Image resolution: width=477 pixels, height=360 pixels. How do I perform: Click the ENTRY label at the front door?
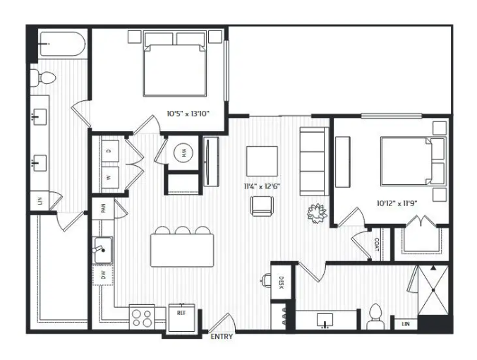pyautogui.click(x=222, y=337)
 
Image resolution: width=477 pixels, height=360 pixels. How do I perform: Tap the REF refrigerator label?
pyautogui.click(x=181, y=313)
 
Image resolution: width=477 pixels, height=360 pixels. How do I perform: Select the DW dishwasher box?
pyautogui.click(x=103, y=275)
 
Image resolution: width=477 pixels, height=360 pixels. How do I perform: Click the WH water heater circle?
pyautogui.click(x=183, y=152)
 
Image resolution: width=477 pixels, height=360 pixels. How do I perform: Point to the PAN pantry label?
pyautogui.click(x=104, y=208)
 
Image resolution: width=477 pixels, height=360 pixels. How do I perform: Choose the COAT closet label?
pyautogui.click(x=376, y=244)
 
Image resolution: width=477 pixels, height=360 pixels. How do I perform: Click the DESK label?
pyautogui.click(x=282, y=282)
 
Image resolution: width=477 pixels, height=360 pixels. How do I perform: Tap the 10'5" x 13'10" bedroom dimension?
pyautogui.click(x=188, y=114)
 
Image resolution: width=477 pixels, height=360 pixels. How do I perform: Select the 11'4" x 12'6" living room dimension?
pyautogui.click(x=262, y=186)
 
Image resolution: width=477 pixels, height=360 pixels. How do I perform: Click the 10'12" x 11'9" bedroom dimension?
pyautogui.click(x=397, y=203)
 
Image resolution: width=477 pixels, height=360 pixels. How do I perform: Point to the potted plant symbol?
pyautogui.click(x=317, y=213)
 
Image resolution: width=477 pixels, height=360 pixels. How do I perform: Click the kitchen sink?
pyautogui.click(x=103, y=250)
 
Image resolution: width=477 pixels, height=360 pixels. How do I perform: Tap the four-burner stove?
pyautogui.click(x=142, y=318)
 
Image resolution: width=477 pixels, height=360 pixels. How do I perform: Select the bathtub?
pyautogui.click(x=63, y=44)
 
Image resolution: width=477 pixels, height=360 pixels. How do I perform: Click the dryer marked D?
pyautogui.click(x=110, y=151)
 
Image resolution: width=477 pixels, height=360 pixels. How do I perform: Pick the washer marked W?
pyautogui.click(x=110, y=177)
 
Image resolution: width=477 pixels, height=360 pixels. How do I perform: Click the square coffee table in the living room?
pyautogui.click(x=262, y=161)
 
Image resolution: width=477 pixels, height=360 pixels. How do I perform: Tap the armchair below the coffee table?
pyautogui.click(x=262, y=206)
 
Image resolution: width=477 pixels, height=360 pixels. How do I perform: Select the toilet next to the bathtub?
pyautogui.click(x=44, y=78)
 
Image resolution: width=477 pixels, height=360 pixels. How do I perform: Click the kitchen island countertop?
pyautogui.click(x=182, y=251)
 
